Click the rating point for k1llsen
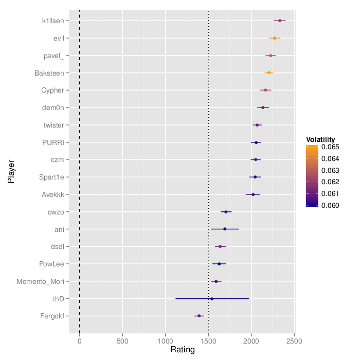(280, 21)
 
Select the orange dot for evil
(275, 38)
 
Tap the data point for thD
(212, 298)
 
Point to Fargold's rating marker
(199, 316)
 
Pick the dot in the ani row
(225, 229)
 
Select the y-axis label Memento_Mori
(40, 281)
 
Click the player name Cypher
(52, 91)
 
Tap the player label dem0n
(53, 107)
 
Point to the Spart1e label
(51, 177)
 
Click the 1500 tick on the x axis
(208, 340)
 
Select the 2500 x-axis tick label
(294, 340)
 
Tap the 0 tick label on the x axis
(80, 340)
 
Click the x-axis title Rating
(183, 350)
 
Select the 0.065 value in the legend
(330, 147)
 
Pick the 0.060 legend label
(330, 205)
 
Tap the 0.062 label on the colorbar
(330, 182)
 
